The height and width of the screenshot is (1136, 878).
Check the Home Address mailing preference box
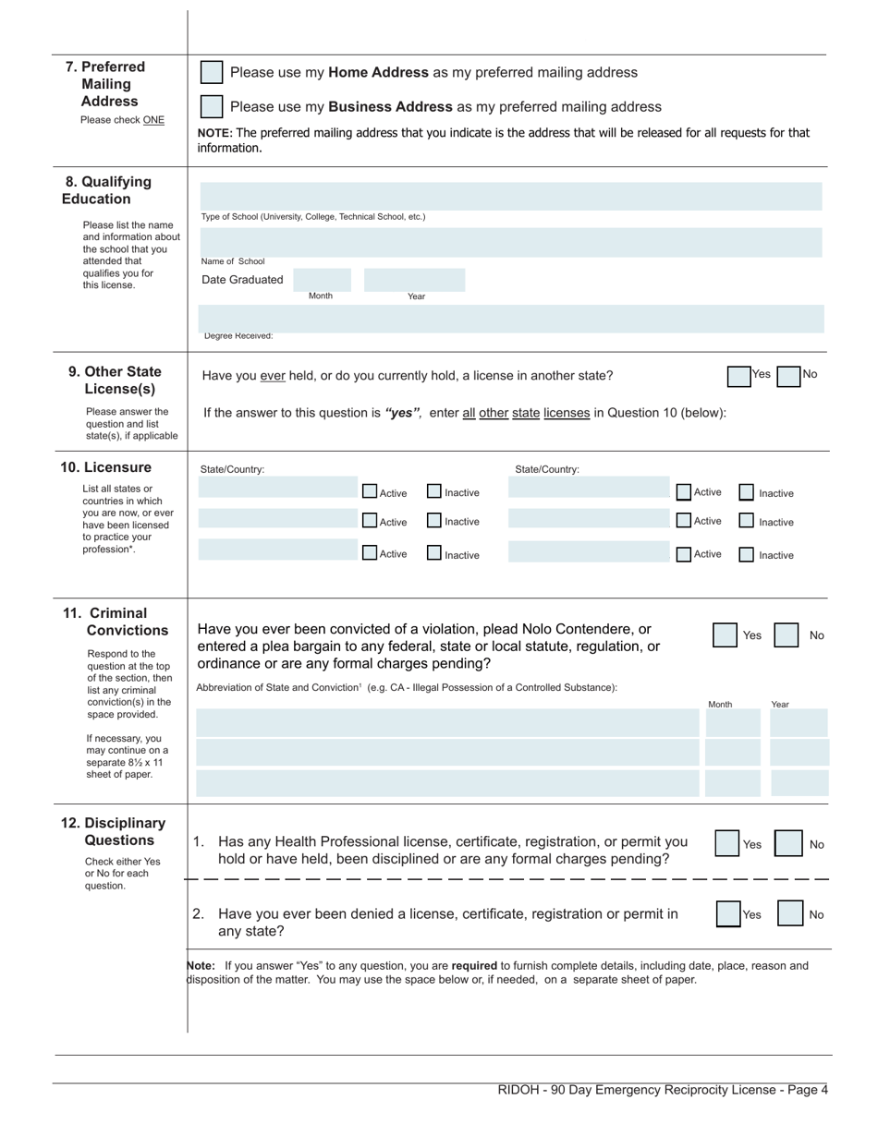[x=212, y=73]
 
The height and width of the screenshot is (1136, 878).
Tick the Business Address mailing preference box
[x=212, y=107]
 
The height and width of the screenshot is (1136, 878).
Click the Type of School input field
[x=510, y=196]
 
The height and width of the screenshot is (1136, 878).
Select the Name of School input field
[x=510, y=242]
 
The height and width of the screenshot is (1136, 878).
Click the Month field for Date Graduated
[x=322, y=280]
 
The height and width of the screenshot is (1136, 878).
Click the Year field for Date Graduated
[x=414, y=280]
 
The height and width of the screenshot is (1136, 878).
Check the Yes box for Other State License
[x=738, y=377]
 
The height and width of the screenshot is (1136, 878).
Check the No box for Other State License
[x=788, y=377]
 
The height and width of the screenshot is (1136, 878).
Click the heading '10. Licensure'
[x=105, y=467]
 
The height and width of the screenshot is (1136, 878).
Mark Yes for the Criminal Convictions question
[x=725, y=635]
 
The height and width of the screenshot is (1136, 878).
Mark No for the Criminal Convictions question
[x=786, y=635]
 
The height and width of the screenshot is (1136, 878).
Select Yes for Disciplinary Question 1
[x=727, y=844]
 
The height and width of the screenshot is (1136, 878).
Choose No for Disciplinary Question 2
[x=789, y=914]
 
